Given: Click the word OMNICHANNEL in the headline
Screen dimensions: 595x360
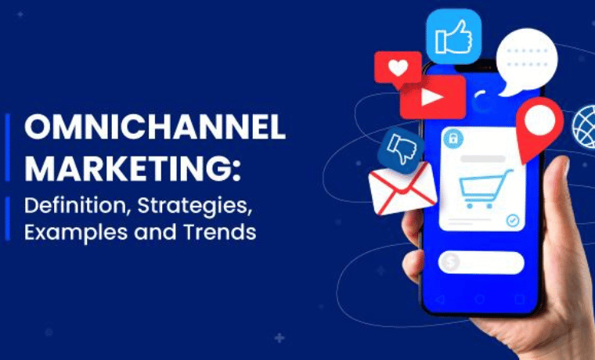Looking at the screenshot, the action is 155,128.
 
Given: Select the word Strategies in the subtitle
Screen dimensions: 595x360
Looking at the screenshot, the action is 195,207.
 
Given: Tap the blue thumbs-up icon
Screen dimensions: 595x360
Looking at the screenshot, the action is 454,37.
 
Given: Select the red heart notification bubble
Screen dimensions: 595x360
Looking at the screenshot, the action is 398,68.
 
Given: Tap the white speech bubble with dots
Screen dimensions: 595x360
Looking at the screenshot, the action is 526,62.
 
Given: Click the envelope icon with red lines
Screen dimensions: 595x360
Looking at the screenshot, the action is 402,189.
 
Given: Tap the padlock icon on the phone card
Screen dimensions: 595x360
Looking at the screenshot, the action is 453,139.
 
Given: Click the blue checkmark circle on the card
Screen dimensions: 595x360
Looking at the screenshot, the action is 513,220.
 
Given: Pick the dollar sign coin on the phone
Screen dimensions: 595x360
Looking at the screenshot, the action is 450,261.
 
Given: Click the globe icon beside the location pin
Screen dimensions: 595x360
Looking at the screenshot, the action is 584,127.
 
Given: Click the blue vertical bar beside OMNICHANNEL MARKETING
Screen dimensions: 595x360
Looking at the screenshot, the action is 8,147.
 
